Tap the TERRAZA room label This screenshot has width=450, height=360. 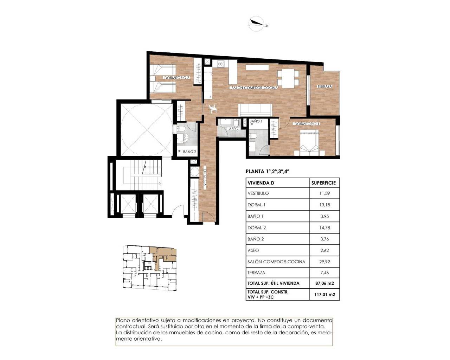tap(324, 86)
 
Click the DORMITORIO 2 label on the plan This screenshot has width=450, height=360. tap(177, 78)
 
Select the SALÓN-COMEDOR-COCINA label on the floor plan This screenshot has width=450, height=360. tap(254, 88)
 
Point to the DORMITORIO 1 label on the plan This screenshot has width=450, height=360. tap(307, 124)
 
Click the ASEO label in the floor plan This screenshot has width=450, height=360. tap(233, 129)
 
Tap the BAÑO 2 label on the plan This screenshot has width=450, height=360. tap(189, 152)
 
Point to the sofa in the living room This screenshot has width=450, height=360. tap(255, 110)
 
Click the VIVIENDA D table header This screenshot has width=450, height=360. tap(261, 183)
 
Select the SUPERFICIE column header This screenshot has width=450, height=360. tap(323, 183)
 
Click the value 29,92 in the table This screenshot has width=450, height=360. tap(324, 262)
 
